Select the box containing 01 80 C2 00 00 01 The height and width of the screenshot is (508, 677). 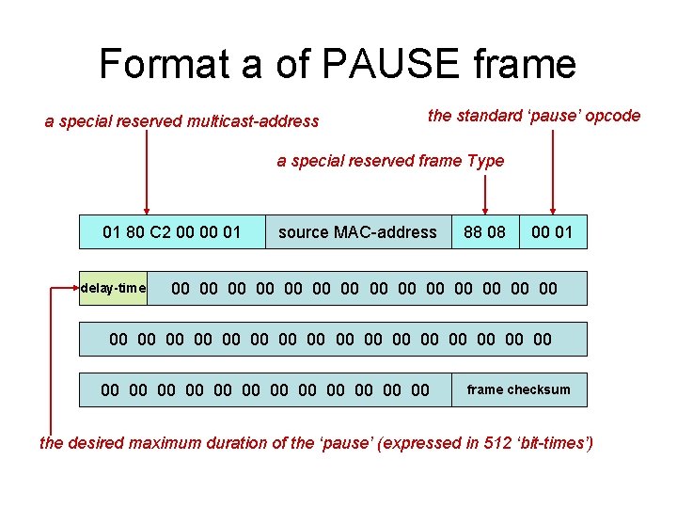coord(171,231)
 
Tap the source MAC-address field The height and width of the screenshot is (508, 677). coord(357,231)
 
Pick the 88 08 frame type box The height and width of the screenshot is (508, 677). coord(484,231)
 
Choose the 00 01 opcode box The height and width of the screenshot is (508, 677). coord(552,231)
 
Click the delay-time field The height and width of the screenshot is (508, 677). coord(114,288)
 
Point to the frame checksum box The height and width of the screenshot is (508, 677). coord(518,389)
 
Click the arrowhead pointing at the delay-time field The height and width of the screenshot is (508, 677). coord(75,288)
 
